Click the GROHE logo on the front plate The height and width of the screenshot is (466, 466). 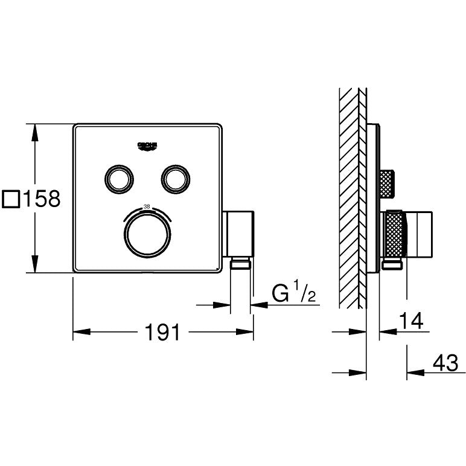point(148,145)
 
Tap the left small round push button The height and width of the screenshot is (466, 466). point(118,178)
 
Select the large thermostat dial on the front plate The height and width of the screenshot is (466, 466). point(147,235)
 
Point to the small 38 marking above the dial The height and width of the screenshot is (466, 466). point(147,207)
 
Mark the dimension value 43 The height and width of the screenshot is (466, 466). point(445,363)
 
